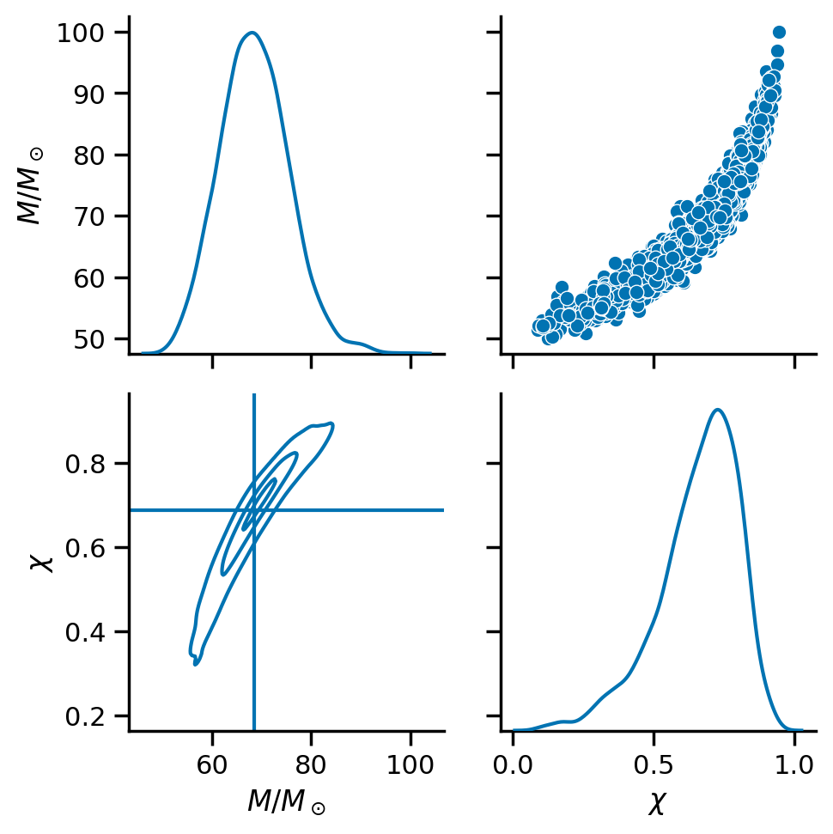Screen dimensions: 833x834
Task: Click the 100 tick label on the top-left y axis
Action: [x=80, y=33]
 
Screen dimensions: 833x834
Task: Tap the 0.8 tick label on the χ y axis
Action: [x=84, y=465]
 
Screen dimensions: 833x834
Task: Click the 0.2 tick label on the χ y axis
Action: [x=84, y=716]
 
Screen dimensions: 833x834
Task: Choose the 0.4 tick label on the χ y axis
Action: [x=84, y=632]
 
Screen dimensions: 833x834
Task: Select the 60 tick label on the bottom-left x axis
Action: [x=212, y=764]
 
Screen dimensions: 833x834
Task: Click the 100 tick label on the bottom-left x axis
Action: [x=410, y=764]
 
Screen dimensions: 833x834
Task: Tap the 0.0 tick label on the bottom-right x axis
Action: [x=513, y=764]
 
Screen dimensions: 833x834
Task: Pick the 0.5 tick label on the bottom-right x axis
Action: [x=654, y=764]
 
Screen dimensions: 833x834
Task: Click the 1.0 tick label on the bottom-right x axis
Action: [x=794, y=764]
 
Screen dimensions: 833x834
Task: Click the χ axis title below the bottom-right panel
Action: [x=658, y=803]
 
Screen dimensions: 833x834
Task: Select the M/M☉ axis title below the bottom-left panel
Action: [x=287, y=801]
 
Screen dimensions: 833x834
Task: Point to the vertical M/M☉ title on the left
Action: [x=30, y=186]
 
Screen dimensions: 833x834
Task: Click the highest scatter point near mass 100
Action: [x=779, y=33]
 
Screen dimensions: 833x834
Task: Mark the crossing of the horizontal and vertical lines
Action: [x=254, y=510]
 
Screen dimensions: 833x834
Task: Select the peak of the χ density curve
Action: [x=718, y=410]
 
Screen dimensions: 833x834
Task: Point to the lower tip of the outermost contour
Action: [x=195, y=665]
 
